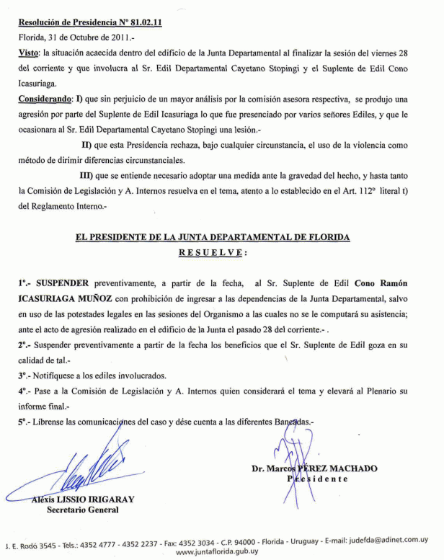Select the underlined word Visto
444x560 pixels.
point(27,54)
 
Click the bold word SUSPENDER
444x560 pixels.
point(65,285)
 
